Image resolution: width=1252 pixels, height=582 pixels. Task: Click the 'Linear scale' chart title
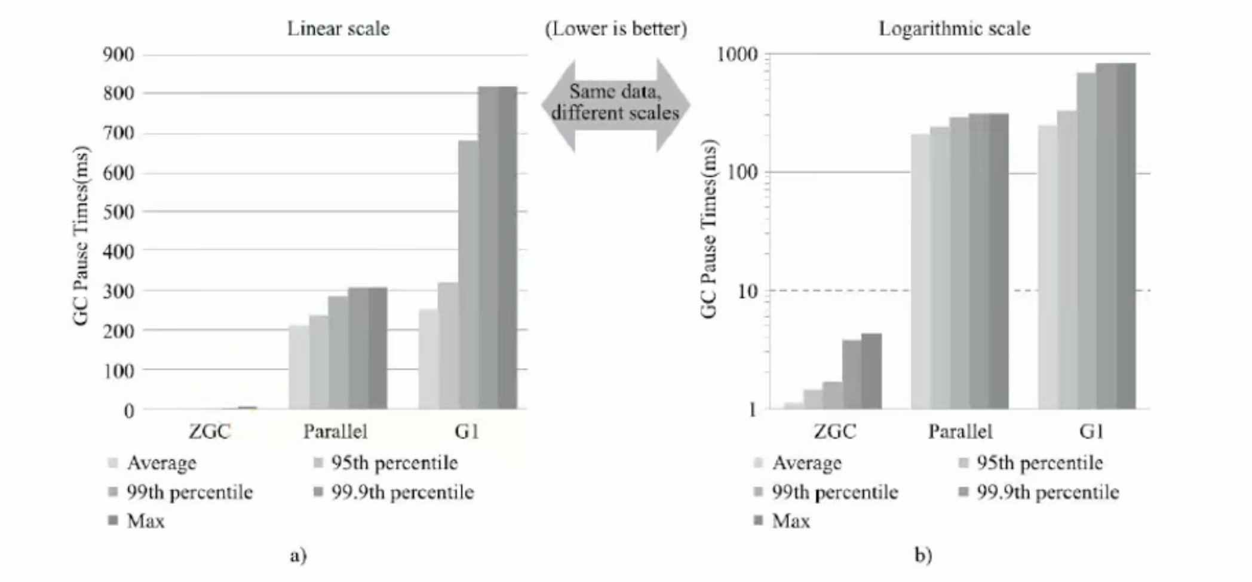pyautogui.click(x=338, y=29)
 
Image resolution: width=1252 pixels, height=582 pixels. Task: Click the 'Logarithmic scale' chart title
pyautogui.click(x=954, y=29)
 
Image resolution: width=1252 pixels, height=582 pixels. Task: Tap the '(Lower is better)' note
pyautogui.click(x=616, y=29)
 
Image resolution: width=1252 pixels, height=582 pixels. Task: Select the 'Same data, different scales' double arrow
pyautogui.click(x=615, y=104)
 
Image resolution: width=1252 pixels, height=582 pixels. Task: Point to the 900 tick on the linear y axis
pyautogui.click(x=118, y=55)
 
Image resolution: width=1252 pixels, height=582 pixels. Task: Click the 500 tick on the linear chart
pyautogui.click(x=118, y=212)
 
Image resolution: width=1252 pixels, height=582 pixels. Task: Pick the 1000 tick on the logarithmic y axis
pyautogui.click(x=737, y=55)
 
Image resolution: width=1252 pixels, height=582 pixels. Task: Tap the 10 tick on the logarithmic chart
pyautogui.click(x=747, y=292)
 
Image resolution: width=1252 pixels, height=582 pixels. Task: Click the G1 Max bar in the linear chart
pyautogui.click(x=508, y=247)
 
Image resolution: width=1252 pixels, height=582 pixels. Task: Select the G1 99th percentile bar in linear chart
pyautogui.click(x=468, y=275)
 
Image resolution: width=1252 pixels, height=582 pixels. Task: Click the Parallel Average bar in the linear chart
pyautogui.click(x=299, y=367)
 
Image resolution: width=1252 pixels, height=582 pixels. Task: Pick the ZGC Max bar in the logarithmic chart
pyautogui.click(x=872, y=371)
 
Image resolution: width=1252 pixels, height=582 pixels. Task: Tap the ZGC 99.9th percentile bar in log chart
pyautogui.click(x=852, y=375)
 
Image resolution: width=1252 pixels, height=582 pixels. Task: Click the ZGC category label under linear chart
pyautogui.click(x=209, y=431)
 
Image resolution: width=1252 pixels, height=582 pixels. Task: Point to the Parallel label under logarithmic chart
pyautogui.click(x=960, y=431)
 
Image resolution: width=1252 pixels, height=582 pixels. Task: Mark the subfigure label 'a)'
pyautogui.click(x=298, y=556)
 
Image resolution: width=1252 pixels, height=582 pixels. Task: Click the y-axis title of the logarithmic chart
pyautogui.click(x=708, y=229)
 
